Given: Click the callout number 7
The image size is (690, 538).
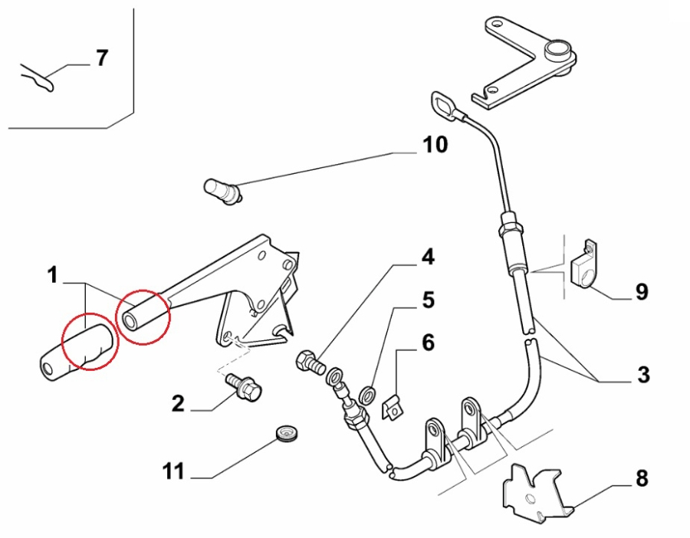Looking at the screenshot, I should (102, 58).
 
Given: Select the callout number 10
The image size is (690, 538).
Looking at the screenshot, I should (435, 144).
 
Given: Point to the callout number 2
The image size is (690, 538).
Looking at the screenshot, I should (178, 403).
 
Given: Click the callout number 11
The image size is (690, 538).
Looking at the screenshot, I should (174, 471).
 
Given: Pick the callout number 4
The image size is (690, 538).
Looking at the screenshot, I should (427, 258).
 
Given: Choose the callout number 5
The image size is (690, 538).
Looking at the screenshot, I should (427, 300).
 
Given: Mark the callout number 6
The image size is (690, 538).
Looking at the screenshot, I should (427, 343).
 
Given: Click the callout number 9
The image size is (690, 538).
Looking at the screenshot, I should (641, 291).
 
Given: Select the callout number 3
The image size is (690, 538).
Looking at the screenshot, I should (642, 375).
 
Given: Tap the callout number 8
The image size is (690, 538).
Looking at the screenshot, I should (641, 479).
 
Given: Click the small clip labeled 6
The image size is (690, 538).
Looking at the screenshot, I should (392, 408).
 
